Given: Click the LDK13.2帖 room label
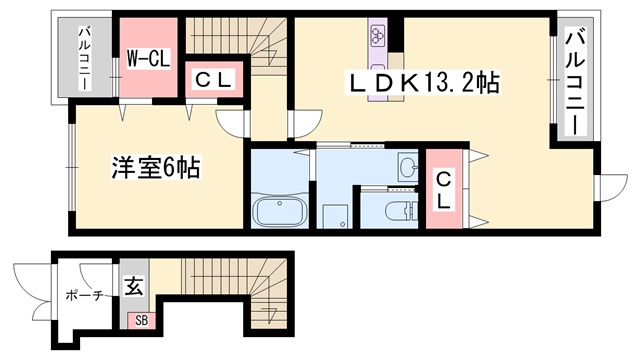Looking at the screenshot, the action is [x=422, y=83].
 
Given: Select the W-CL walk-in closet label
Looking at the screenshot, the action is [x=148, y=58].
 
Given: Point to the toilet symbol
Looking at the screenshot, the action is [x=401, y=210].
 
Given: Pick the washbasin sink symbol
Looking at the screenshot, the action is [x=408, y=167].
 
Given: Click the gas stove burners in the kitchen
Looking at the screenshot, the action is [x=377, y=36].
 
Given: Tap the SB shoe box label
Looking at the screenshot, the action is [x=141, y=320].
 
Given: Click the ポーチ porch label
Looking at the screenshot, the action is [x=83, y=295].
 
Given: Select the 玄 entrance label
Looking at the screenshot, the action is [x=134, y=286].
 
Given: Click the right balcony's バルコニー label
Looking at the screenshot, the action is [x=575, y=84].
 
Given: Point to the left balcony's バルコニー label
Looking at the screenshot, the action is [x=85, y=58].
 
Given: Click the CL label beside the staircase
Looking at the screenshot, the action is [x=213, y=80].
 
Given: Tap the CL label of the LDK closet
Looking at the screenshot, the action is [x=443, y=190].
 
